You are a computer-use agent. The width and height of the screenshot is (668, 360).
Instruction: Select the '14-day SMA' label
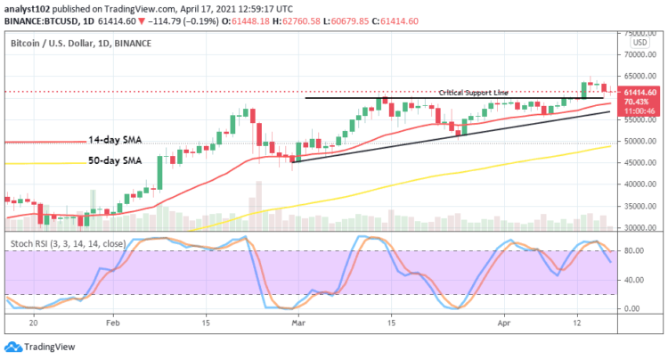pyautogui.click(x=116, y=141)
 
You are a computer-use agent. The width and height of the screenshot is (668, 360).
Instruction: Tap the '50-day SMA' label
pyautogui.click(x=116, y=160)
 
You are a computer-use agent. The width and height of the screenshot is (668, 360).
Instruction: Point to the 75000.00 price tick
pyautogui.click(x=640, y=32)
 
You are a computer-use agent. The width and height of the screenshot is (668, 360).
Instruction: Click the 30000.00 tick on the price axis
pyautogui.click(x=640, y=228)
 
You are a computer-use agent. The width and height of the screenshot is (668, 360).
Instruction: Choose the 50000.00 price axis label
pyautogui.click(x=640, y=141)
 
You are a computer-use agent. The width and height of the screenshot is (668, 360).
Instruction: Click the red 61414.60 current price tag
pyautogui.click(x=640, y=92)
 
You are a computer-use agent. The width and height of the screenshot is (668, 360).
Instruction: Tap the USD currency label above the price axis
pyautogui.click(x=639, y=42)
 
